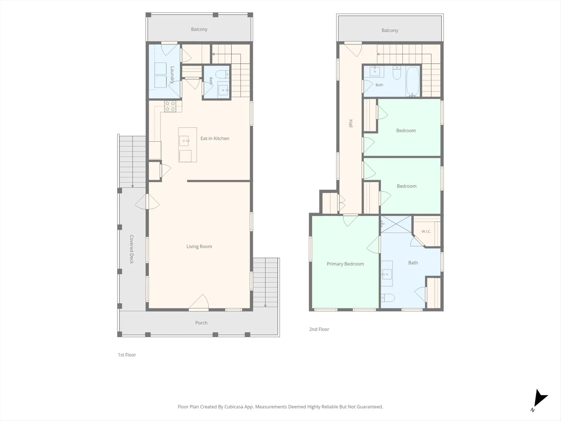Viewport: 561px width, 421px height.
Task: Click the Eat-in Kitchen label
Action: click(215, 138)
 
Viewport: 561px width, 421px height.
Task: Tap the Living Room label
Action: click(199, 246)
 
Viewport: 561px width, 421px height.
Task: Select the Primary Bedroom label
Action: click(345, 264)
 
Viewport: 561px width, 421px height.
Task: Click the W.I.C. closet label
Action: click(426, 231)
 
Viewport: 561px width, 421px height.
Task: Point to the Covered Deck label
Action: click(131, 249)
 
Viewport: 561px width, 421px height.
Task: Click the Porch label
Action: click(201, 323)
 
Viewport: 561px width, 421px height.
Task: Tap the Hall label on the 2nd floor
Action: click(351, 123)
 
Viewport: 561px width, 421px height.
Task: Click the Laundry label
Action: click(172, 75)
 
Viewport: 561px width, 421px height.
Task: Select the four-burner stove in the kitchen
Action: click(170, 106)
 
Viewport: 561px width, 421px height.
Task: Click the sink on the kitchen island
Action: click(184, 141)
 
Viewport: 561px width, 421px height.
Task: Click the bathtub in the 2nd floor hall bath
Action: click(413, 81)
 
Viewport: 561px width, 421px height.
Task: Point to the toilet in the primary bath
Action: click(388, 298)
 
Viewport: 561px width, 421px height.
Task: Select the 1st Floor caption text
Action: click(127, 355)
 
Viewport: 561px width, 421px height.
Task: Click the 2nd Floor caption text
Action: click(319, 329)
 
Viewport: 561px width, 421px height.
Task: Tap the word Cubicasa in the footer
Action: click(234, 407)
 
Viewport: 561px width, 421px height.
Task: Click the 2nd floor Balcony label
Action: click(390, 30)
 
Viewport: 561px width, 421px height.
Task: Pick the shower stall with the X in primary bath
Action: click(396, 224)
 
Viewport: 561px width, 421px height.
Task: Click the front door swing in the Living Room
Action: click(199, 303)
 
